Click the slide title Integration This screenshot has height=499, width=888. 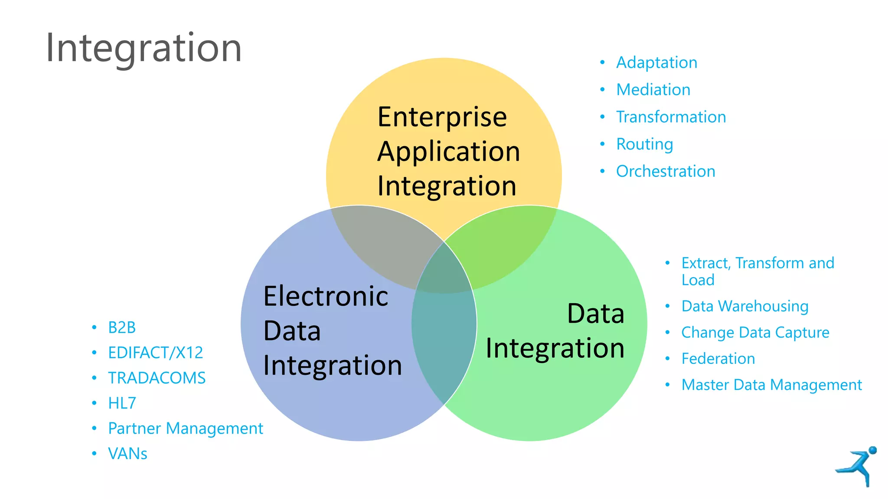144,48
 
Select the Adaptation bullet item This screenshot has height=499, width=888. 656,63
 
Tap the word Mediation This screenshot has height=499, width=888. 653,90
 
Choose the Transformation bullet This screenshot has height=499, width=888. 671,117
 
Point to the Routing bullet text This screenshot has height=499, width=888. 644,144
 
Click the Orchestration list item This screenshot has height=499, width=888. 665,172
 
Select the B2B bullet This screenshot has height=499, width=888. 122,327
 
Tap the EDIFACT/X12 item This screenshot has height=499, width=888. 155,353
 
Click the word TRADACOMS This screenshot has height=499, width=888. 157,378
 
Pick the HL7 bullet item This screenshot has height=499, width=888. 122,403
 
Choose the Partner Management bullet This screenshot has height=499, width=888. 185,428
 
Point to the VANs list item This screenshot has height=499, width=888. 127,454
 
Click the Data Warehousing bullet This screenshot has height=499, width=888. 744,306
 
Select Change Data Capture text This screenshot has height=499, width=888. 755,332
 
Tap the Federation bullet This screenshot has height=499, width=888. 718,359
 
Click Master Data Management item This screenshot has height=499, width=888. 771,385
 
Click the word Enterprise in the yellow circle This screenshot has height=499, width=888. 442,117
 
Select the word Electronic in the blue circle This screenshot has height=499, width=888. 326,296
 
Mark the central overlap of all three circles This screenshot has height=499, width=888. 444,273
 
